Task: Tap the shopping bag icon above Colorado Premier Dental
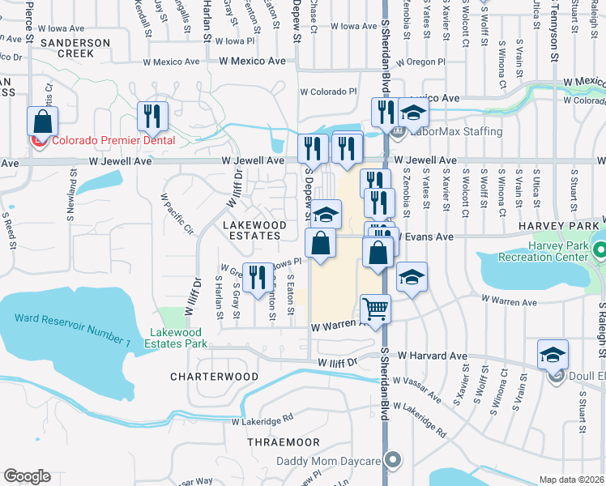click(x=42, y=122)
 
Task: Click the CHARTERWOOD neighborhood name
click(x=214, y=377)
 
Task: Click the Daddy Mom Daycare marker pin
click(x=393, y=460)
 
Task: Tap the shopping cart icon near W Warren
click(x=375, y=309)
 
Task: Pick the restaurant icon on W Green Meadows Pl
click(x=258, y=277)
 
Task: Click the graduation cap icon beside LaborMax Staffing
click(x=413, y=113)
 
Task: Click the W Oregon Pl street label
click(x=420, y=62)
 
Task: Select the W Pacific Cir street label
click(x=177, y=213)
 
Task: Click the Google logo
click(x=27, y=476)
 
